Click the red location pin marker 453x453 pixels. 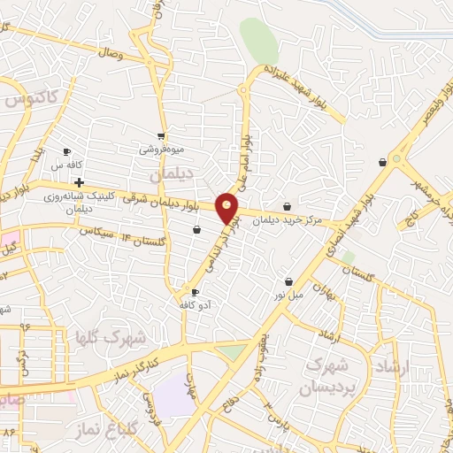pyautogui.click(x=227, y=208)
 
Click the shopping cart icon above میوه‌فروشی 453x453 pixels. pyautogui.click(x=160, y=136)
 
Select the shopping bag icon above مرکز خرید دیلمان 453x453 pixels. pyautogui.click(x=288, y=207)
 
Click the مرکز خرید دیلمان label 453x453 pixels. pyautogui.click(x=283, y=222)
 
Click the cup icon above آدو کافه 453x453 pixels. pyautogui.click(x=195, y=291)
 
